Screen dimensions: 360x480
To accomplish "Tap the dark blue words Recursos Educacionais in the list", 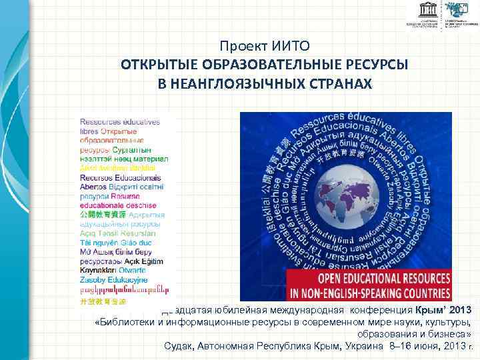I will click(120, 178).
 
